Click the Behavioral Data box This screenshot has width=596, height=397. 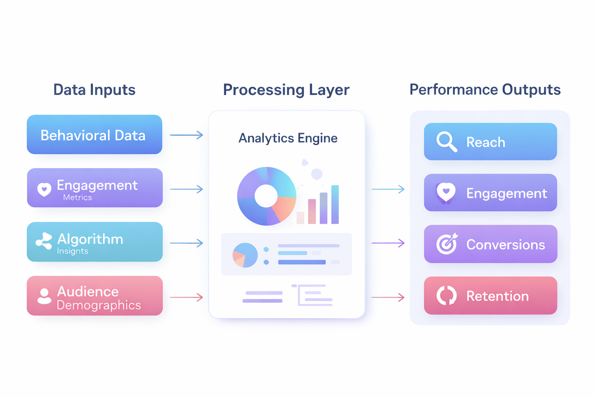point(94,135)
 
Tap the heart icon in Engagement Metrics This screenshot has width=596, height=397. point(44,189)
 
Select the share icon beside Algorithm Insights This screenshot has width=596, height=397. point(44,241)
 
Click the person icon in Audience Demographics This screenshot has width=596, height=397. point(44,296)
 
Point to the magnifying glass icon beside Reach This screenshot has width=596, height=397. point(446,142)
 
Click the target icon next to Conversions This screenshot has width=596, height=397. point(447,244)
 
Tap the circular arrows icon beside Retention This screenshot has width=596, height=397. point(447,295)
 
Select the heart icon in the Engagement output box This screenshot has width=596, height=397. point(446,192)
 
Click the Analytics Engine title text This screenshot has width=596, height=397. point(288,138)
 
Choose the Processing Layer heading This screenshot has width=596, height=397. point(286,90)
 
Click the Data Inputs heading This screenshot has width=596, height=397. point(94,90)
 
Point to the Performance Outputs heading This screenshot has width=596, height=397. point(485,90)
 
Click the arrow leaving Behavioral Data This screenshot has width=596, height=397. point(186,135)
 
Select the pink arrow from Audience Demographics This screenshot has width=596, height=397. point(186,297)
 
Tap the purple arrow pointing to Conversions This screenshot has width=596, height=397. point(388,243)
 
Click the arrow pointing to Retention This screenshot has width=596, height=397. point(388,297)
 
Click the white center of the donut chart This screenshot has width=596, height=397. point(266,196)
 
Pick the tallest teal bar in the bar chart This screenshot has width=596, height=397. point(335,204)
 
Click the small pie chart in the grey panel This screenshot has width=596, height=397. point(245,255)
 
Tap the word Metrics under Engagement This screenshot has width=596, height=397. point(78,197)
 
